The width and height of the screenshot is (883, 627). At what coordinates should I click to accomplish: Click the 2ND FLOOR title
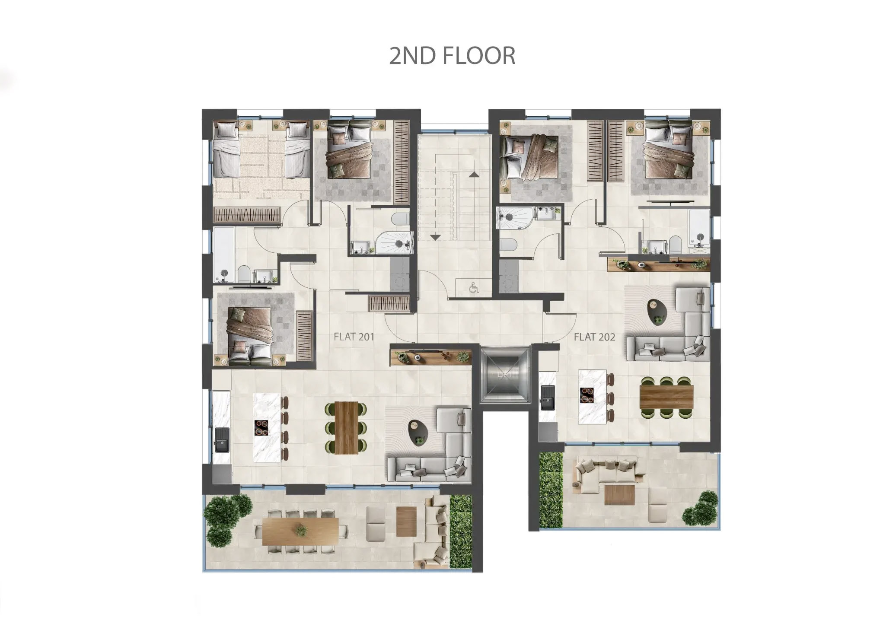452,56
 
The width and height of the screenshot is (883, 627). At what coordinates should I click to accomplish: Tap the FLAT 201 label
354,337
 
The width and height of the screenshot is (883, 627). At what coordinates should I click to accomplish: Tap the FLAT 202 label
594,337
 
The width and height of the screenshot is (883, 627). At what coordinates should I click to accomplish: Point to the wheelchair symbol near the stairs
474,288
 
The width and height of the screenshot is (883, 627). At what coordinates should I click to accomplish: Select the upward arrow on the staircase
474,174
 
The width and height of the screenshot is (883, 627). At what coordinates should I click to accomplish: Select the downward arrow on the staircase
435,237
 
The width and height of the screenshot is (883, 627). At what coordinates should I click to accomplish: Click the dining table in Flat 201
347,428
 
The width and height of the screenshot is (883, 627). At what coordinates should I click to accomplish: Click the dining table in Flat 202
666,396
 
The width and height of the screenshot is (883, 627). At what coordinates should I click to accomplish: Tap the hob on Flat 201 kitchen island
261,427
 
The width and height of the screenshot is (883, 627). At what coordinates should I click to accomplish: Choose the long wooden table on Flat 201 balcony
301,531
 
